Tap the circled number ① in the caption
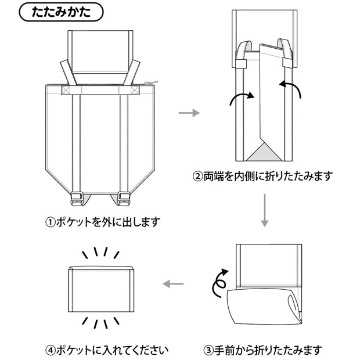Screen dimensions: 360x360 (51, 222)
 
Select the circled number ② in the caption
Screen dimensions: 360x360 (199, 175)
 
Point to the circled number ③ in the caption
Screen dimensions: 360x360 (208, 350)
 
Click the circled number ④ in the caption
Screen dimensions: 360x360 (51, 350)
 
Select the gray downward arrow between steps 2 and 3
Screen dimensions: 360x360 (264, 210)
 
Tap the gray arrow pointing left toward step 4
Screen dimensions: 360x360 (172, 284)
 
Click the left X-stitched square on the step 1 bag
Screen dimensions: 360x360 (64, 90)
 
